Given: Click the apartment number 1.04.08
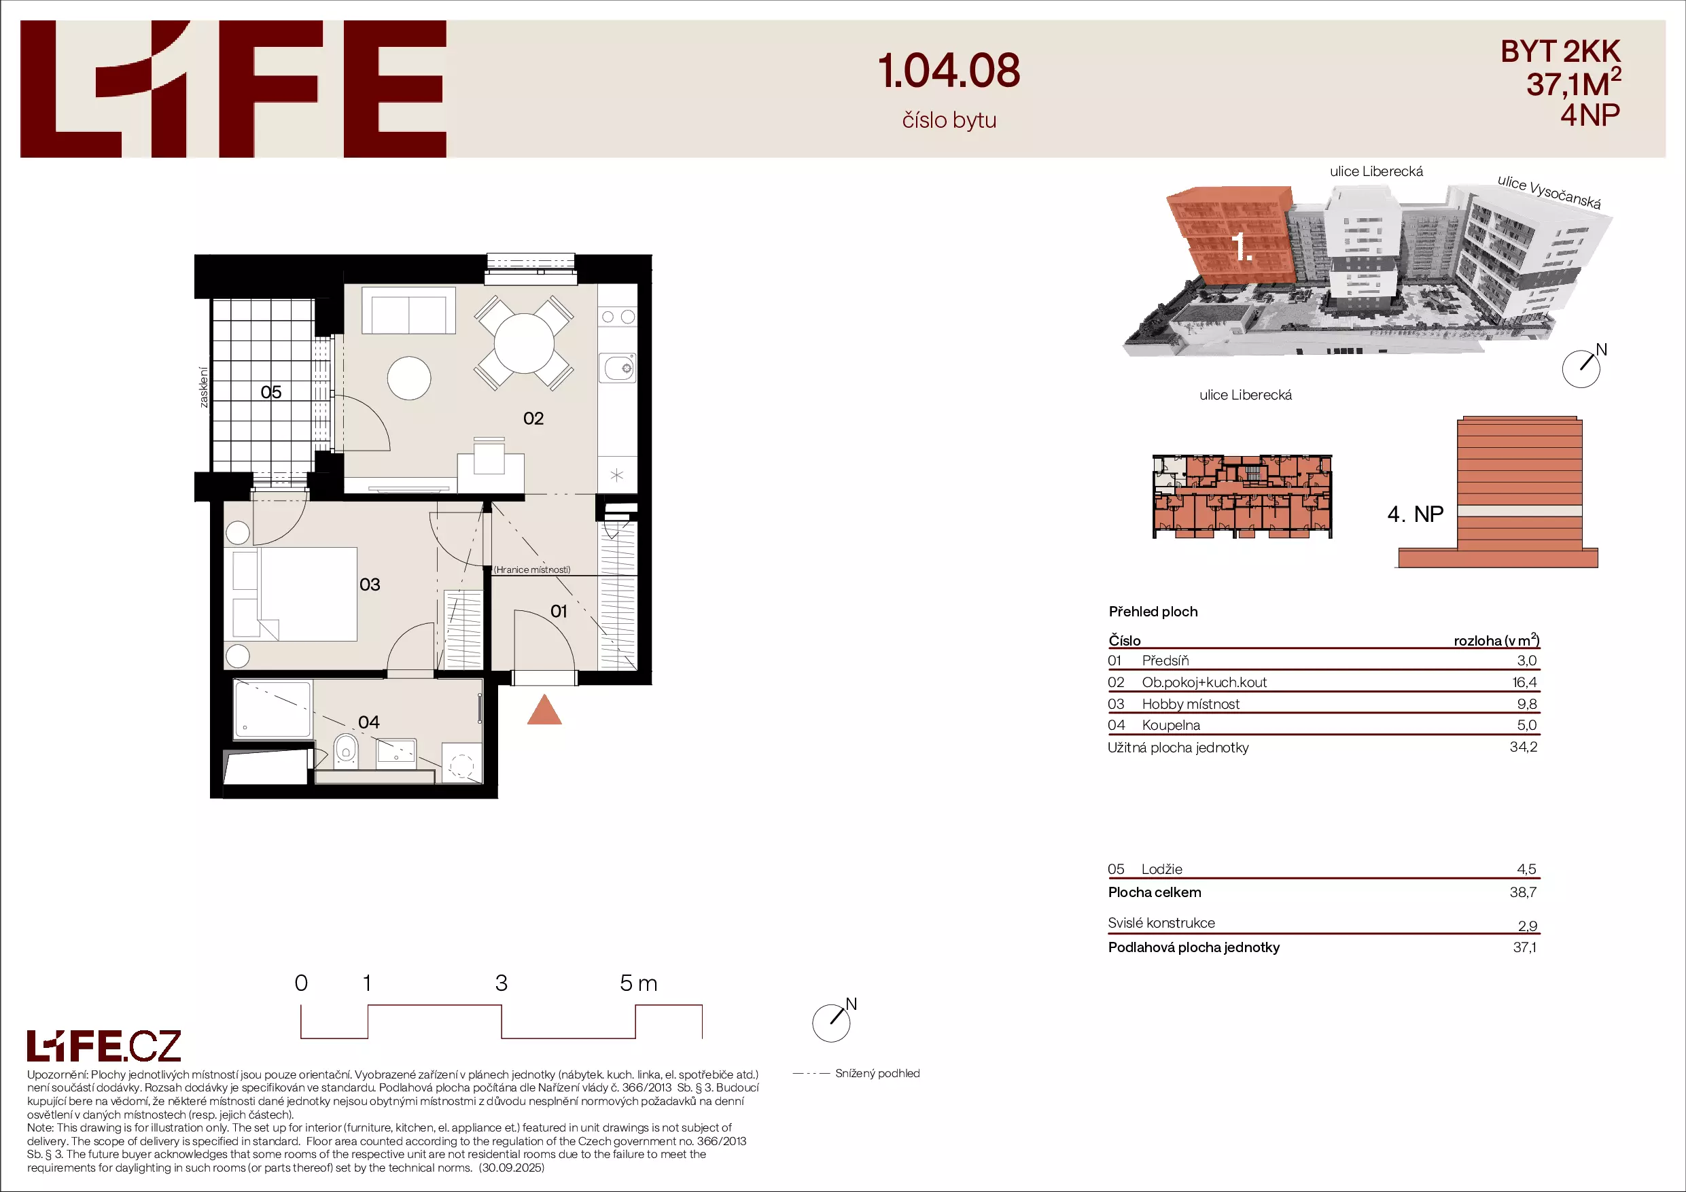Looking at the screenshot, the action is (x=949, y=71).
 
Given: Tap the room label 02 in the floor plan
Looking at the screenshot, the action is (x=533, y=419).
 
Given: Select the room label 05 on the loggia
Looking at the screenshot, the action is (x=271, y=392).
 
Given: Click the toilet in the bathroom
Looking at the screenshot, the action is (x=346, y=750).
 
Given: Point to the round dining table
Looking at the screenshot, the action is (x=525, y=344).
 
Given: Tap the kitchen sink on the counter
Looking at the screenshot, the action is (x=617, y=367).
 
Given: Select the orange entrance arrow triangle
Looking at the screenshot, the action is (x=544, y=709).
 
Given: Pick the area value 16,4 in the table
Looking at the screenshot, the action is (x=1524, y=682).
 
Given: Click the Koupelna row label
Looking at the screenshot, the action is (x=1172, y=726).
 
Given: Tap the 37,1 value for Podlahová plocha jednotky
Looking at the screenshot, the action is (x=1524, y=947).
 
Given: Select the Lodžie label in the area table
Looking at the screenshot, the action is (x=1161, y=870).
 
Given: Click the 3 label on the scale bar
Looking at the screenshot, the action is (x=502, y=983).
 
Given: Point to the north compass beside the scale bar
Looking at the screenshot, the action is (x=832, y=1021).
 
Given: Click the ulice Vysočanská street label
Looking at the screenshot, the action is (x=1549, y=192).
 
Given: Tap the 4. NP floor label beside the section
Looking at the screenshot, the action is (x=1415, y=514).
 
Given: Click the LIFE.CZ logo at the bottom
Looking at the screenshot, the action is (x=104, y=1046).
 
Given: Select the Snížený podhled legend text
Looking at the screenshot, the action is (x=877, y=1074).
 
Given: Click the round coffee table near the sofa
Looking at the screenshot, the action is (x=409, y=379).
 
